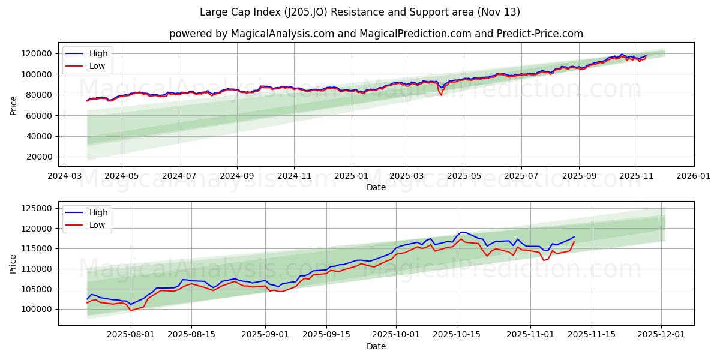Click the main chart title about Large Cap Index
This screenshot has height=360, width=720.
point(360,12)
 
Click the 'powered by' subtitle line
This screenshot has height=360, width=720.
point(376,34)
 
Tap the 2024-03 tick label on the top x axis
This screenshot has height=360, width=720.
point(64,177)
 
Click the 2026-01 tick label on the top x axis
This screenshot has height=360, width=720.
point(694,177)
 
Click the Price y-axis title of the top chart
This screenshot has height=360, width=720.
point(14,105)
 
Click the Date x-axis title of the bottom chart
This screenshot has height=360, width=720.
point(376,347)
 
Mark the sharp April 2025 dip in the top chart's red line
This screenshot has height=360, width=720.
point(442,94)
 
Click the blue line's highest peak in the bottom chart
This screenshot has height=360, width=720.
point(461,232)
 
